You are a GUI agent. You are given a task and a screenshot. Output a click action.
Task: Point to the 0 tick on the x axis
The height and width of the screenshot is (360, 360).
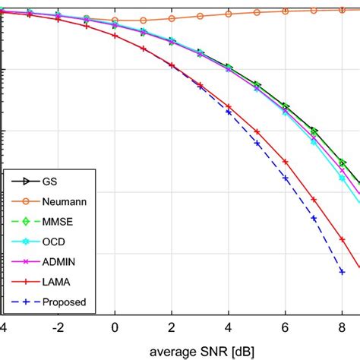click(x=115, y=329)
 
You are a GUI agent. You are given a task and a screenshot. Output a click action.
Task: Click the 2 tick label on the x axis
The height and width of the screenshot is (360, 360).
click(x=172, y=329)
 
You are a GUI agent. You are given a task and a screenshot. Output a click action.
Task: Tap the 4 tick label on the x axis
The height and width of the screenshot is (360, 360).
click(x=229, y=329)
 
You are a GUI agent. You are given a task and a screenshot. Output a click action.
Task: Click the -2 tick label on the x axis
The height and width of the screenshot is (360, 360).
click(x=56, y=329)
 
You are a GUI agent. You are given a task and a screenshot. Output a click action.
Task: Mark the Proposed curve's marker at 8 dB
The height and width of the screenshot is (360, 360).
click(x=343, y=271)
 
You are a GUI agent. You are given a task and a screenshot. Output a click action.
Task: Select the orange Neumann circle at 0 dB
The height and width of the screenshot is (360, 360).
click(x=115, y=21)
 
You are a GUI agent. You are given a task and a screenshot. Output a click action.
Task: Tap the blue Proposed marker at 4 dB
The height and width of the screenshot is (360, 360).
click(x=229, y=112)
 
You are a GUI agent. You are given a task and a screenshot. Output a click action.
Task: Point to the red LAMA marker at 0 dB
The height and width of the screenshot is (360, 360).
click(x=115, y=36)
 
